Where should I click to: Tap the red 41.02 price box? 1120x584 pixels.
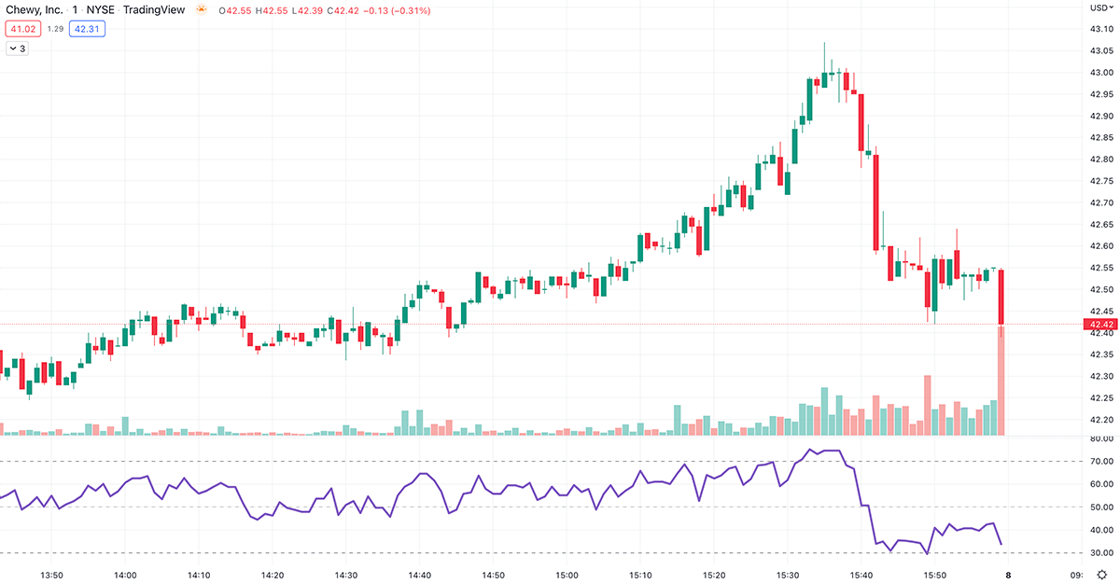coord(21,29)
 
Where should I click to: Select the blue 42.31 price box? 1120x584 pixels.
coord(89,29)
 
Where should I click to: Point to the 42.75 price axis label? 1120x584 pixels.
coord(1100,181)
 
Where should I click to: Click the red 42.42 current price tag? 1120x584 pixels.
coord(1100,325)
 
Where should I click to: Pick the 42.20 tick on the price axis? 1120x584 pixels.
coord(1100,420)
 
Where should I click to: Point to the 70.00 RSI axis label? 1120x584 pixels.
coord(1100,461)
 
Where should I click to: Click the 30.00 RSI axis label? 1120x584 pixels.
coord(1100,552)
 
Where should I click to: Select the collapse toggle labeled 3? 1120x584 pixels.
coord(18,49)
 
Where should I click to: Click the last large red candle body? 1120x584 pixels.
coord(1001,297)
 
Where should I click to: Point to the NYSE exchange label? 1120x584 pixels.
coord(100,10)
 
